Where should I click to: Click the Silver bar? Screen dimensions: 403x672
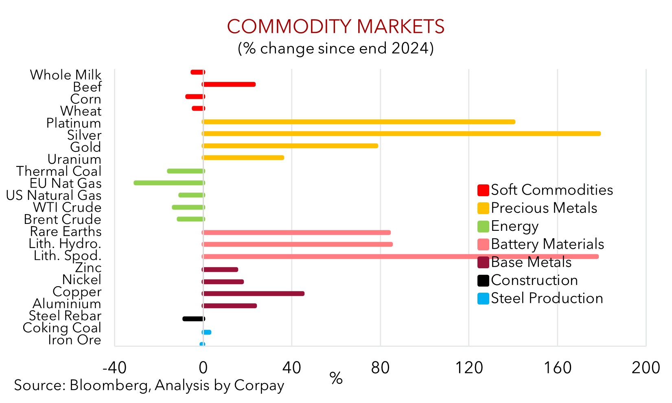tap(401, 134)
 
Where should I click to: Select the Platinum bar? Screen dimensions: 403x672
tap(359, 122)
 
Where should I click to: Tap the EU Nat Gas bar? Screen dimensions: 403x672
tap(169, 183)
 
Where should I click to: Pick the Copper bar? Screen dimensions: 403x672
tap(253, 293)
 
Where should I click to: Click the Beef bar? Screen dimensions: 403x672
tap(229, 84)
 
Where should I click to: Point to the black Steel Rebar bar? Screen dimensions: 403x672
tap(193, 319)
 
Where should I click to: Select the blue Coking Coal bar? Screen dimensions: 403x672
tap(207, 332)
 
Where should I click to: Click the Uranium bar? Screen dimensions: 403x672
tap(243, 158)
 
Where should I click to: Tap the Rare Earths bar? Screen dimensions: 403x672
tap(296, 232)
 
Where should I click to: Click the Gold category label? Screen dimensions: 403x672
tap(85, 147)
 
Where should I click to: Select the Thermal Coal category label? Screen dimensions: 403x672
tap(59, 171)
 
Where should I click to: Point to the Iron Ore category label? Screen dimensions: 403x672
tap(74, 340)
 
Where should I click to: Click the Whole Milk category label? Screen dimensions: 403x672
tap(66, 75)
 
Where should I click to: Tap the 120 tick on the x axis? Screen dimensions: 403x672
tap(469, 368)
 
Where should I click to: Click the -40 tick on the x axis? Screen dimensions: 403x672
tap(114, 368)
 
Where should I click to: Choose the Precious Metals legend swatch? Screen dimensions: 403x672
tap(483, 208)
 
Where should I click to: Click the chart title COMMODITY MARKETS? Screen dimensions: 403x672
tap(335, 27)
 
